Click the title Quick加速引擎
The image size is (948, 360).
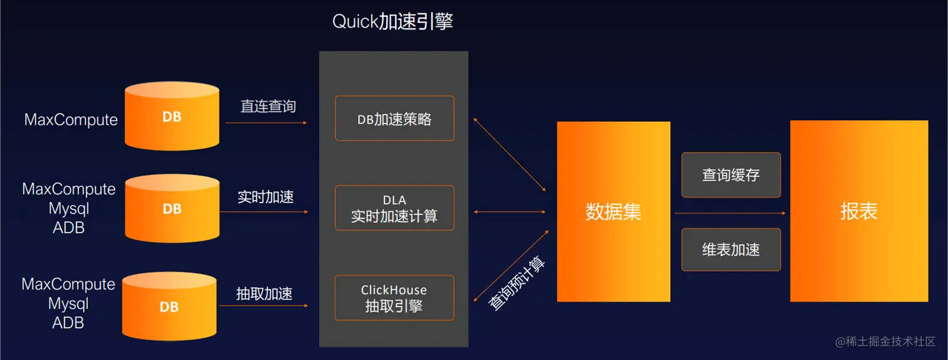click(x=392, y=22)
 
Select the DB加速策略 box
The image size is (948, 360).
click(x=394, y=119)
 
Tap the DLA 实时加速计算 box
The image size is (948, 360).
click(x=394, y=208)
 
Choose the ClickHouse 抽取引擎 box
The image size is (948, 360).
click(x=394, y=298)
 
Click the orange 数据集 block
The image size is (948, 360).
click(x=613, y=211)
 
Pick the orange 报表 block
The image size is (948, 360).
click(x=858, y=211)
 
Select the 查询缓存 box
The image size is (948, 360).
click(x=731, y=175)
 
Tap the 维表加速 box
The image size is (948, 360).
click(x=731, y=250)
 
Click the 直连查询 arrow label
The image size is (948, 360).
click(x=268, y=107)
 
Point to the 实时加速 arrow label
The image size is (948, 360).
click(x=265, y=197)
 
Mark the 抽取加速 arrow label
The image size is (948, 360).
click(x=264, y=294)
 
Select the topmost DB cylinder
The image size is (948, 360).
click(x=172, y=117)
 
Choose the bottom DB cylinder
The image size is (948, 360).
click(x=169, y=307)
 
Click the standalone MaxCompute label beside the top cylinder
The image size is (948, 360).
click(x=71, y=120)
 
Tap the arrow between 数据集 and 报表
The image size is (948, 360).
click(x=730, y=213)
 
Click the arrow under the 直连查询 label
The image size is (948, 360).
click(x=266, y=123)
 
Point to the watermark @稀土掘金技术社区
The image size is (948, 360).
click(x=885, y=342)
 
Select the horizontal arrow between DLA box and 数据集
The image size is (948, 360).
click(x=510, y=212)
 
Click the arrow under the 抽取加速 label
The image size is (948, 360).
click(x=264, y=305)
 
